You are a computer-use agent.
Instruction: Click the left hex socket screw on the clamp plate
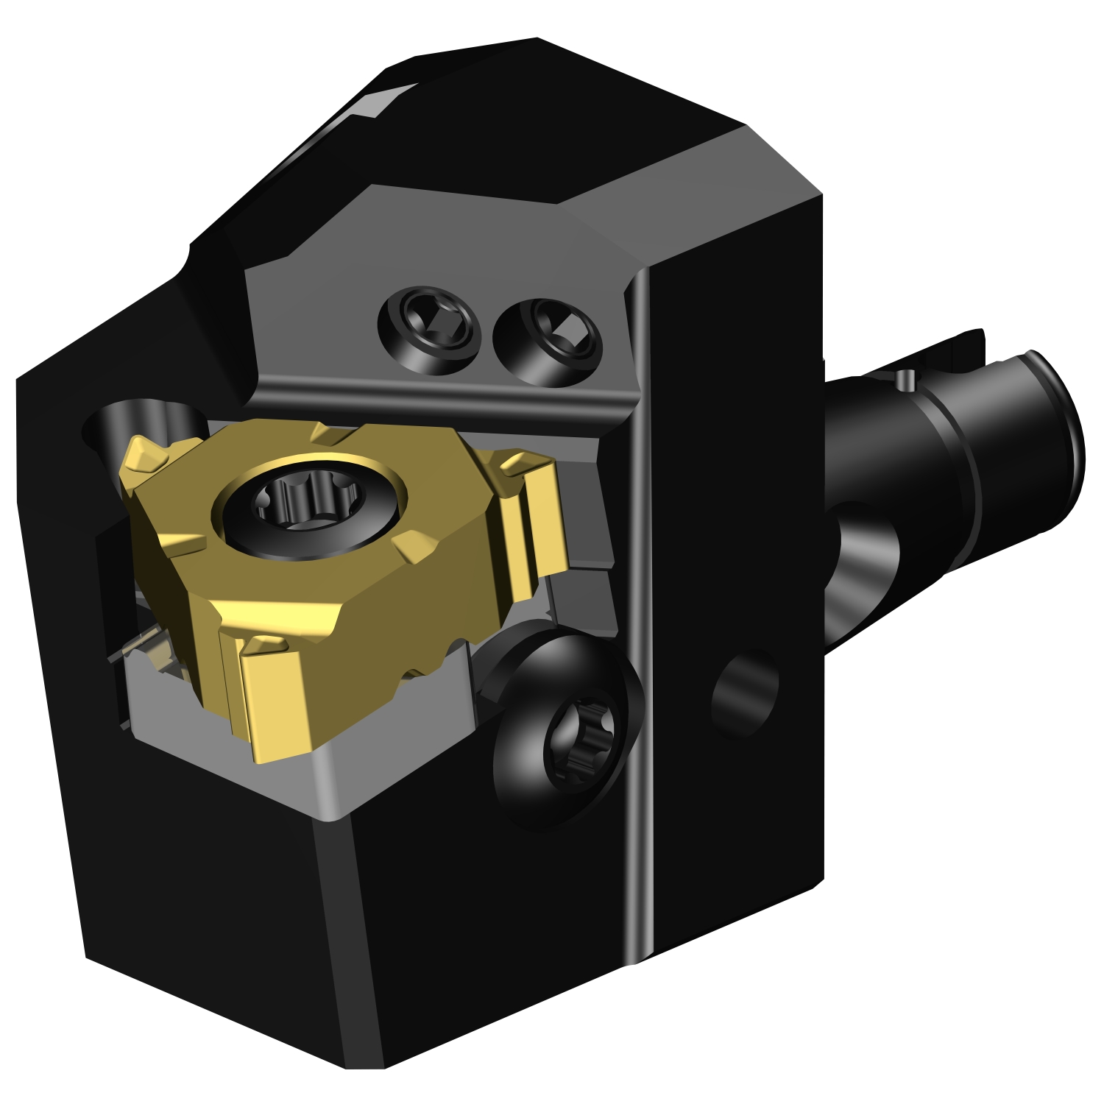click(428, 330)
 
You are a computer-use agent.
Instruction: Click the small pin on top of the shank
click(907, 379)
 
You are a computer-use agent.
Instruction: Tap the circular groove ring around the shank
click(957, 471)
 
